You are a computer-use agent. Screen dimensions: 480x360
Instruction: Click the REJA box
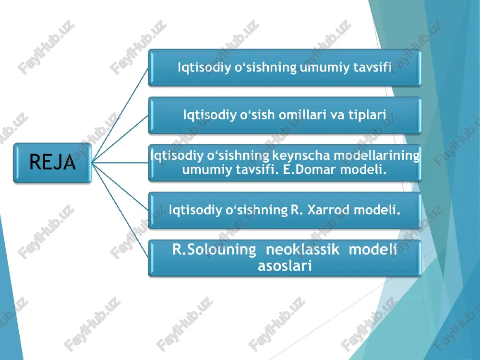[52, 163]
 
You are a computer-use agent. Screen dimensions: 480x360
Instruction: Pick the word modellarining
[376, 156]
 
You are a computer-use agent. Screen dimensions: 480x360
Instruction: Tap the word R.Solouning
[214, 250]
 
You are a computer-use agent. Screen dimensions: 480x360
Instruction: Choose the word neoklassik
[302, 250]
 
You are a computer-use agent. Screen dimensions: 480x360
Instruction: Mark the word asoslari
[285, 266]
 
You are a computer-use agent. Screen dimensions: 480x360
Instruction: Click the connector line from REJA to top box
[120, 115]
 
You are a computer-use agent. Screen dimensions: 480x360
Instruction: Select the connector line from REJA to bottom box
[120, 210]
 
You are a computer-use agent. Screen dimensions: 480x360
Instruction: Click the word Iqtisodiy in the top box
[204, 68]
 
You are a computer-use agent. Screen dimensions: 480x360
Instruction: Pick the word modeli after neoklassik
[373, 250]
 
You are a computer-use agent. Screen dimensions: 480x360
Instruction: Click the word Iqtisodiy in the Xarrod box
[195, 210]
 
